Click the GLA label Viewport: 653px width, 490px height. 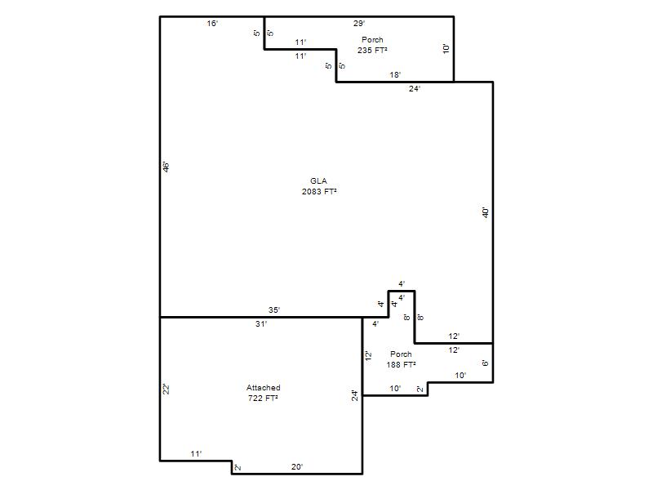pos(318,180)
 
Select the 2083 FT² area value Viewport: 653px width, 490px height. pos(319,191)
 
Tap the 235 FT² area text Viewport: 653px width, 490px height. pos(372,50)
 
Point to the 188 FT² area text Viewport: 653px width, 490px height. pos(401,364)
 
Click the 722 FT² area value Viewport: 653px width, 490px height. pos(263,398)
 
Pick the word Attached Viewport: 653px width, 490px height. pos(263,387)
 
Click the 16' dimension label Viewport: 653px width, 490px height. pos(212,24)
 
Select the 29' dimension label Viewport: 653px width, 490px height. pos(359,24)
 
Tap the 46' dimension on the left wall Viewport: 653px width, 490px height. pos(167,167)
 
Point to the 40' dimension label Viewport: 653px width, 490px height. pos(486,212)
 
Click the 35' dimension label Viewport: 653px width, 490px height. pos(274,310)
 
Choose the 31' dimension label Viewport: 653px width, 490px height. pos(261,323)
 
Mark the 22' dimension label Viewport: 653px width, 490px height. pos(167,390)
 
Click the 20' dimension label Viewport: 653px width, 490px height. pos(297,467)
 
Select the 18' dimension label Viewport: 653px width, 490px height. pos(395,75)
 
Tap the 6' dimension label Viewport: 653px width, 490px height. pos(486,363)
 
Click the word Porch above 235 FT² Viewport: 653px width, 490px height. pos(372,39)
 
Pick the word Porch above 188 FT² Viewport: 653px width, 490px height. pos(401,354)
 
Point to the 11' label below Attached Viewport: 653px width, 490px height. pos(196,454)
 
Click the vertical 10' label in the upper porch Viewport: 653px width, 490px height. pos(446,48)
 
